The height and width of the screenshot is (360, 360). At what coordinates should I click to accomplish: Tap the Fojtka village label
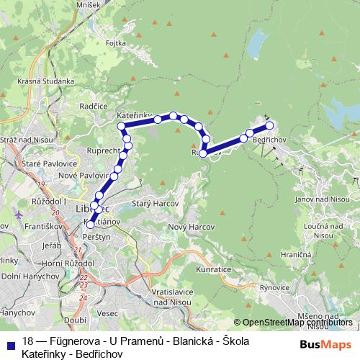click(117, 43)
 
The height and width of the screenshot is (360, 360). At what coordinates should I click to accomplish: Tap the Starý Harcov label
click(150, 204)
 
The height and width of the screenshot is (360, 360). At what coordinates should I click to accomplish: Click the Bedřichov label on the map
click(271, 138)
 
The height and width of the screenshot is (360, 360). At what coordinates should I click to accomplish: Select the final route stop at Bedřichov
click(270, 126)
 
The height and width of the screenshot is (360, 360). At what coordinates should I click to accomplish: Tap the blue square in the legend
click(10, 343)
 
